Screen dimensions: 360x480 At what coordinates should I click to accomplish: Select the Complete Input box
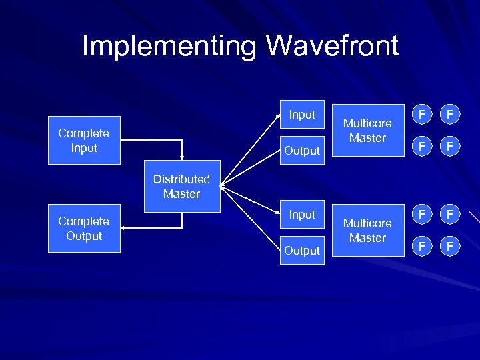pyautogui.click(x=84, y=141)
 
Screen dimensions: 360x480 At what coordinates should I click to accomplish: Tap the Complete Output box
pyautogui.click(x=84, y=228)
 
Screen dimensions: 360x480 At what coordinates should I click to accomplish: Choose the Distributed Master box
pyautogui.click(x=181, y=187)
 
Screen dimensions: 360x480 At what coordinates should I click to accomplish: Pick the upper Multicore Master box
pyautogui.click(x=367, y=131)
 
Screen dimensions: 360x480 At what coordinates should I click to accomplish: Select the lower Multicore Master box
pyautogui.click(x=367, y=231)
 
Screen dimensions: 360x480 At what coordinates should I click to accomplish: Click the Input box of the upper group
pyautogui.click(x=302, y=115)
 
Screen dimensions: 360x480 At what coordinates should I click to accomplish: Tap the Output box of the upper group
pyautogui.click(x=302, y=151)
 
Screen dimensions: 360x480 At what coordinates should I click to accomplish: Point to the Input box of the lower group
pyautogui.click(x=302, y=215)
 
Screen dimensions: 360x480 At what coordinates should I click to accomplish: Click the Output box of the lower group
pyautogui.click(x=302, y=251)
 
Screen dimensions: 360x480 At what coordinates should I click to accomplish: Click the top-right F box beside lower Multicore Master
pyautogui.click(x=450, y=215)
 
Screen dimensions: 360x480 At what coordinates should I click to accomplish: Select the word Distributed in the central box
pyautogui.click(x=181, y=179)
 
